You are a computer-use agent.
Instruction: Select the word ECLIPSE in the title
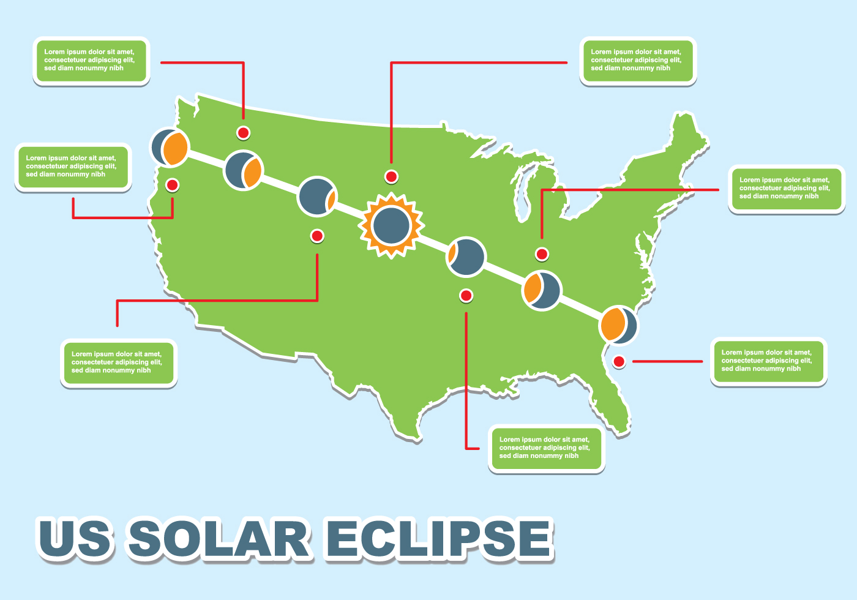point(437,538)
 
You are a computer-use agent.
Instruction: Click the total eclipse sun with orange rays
point(391,225)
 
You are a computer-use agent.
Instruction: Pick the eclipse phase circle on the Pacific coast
point(170,147)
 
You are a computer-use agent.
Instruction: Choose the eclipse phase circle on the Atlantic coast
point(618,324)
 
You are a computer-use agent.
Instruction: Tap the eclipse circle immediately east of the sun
point(466,257)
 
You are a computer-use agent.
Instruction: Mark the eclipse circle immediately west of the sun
point(316,197)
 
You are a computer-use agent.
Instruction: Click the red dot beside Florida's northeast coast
point(619,362)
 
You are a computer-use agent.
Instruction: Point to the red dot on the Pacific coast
point(173,185)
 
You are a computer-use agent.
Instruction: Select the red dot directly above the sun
point(391,177)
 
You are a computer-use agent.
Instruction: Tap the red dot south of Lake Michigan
point(542,254)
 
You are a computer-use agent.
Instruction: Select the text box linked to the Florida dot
point(768,361)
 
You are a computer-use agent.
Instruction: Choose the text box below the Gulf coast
point(546,448)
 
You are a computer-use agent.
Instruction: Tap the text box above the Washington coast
point(91,61)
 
